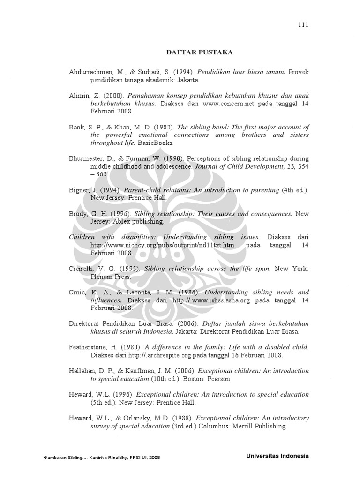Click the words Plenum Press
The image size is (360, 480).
pyautogui.click(x=111, y=277)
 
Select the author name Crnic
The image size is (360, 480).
pyautogui.click(x=77, y=292)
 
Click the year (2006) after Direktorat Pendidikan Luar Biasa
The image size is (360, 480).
pyautogui.click(x=190, y=324)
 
